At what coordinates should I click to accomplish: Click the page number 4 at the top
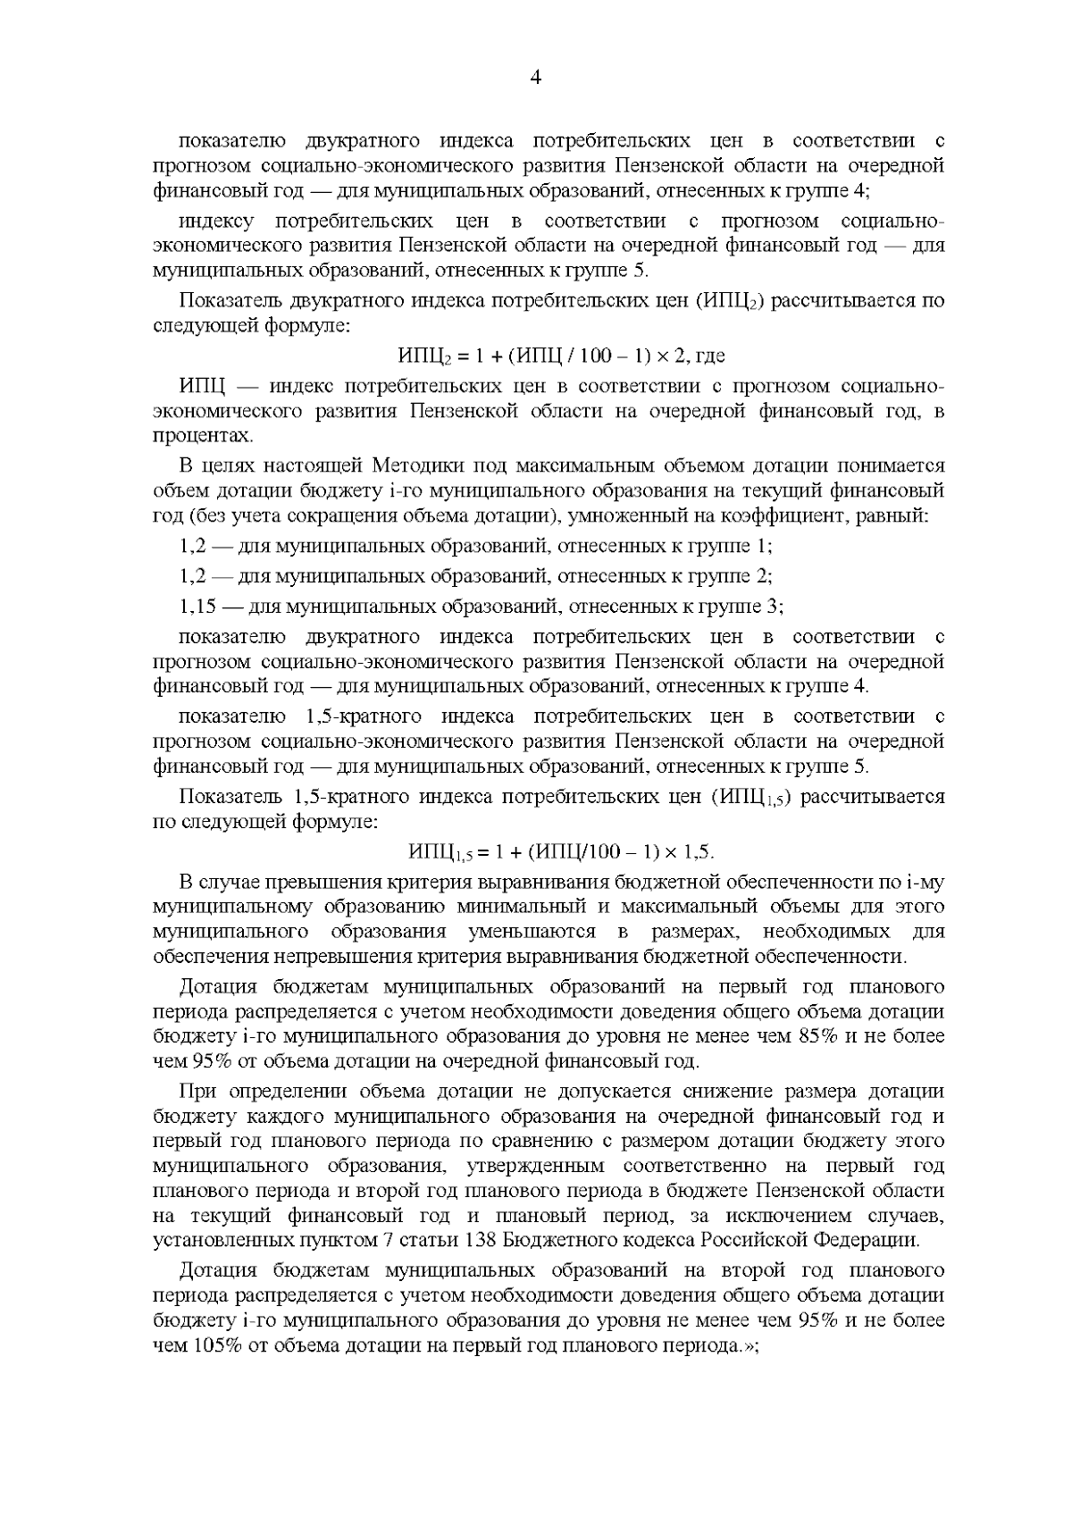click(x=536, y=78)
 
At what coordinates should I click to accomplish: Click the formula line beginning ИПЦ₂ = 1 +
click(x=561, y=356)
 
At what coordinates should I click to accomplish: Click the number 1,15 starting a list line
click(x=198, y=607)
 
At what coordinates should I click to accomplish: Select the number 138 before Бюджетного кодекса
click(x=483, y=1241)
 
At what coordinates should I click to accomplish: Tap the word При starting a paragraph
click(x=198, y=1092)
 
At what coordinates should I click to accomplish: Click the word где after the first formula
click(x=710, y=356)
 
